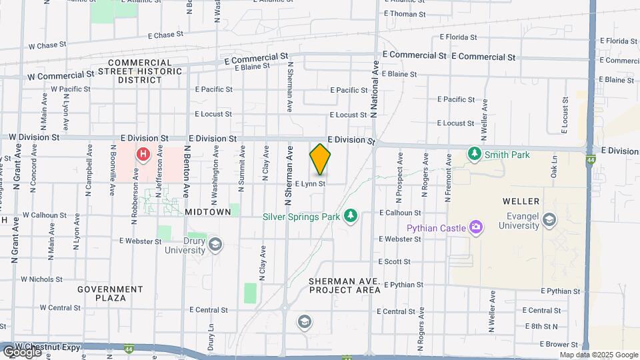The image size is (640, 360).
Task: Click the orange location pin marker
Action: [x=320, y=159]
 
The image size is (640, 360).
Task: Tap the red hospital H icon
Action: [x=143, y=155]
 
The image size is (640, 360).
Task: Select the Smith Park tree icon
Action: [x=474, y=154]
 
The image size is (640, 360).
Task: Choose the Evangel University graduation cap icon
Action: [x=549, y=219]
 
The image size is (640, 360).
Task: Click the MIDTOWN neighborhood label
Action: [x=208, y=211]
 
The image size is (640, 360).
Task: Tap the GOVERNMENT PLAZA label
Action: [x=110, y=293]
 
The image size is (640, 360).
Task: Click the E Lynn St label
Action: [x=310, y=183]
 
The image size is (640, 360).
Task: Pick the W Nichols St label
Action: [x=42, y=279]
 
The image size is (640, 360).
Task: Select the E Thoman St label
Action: [x=405, y=14]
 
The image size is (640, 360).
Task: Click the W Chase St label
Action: [x=47, y=46]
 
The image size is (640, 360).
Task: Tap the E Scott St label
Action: [x=394, y=262]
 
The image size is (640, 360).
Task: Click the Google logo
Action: [x=21, y=351]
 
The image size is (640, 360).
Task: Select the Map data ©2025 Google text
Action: [x=598, y=355]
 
